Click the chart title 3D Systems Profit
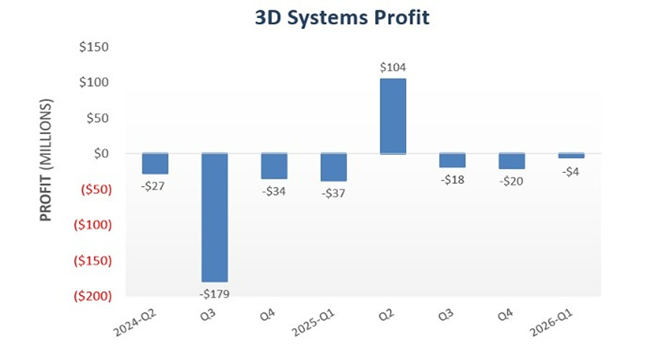[342, 18]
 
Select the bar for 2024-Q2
[155, 163]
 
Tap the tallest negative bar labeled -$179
[215, 217]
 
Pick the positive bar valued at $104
[393, 116]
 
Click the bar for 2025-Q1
[333, 167]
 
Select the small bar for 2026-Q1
[572, 156]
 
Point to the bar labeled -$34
[274, 166]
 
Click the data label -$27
[153, 186]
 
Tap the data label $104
[393, 67]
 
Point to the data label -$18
[453, 180]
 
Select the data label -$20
[512, 181]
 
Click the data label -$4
[571, 171]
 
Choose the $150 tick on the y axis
[94, 47]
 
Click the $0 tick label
[102, 154]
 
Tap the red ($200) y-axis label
[93, 296]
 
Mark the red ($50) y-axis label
[96, 189]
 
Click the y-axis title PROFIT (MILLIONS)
[46, 160]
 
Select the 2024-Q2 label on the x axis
[135, 323]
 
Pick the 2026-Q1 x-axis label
[552, 323]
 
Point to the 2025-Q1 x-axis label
[313, 323]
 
